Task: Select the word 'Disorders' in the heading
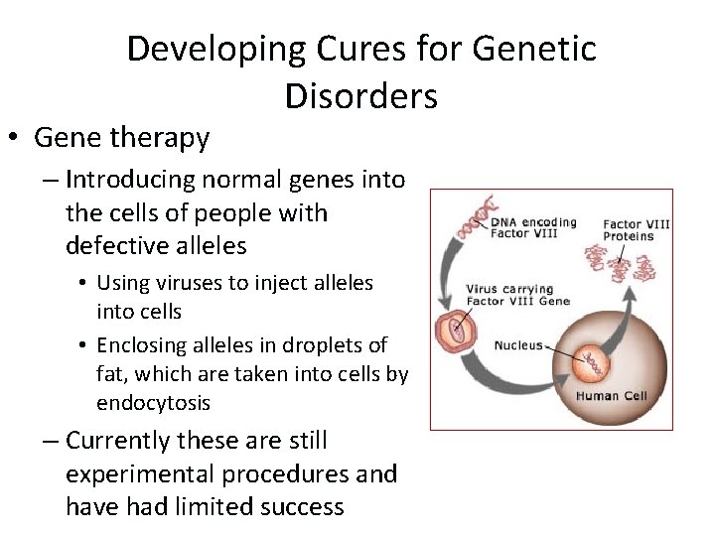click(x=360, y=96)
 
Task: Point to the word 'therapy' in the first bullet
click(x=165, y=138)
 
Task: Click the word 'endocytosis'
click(x=153, y=403)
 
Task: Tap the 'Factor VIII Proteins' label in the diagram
click(x=636, y=230)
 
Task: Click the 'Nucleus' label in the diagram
click(x=518, y=345)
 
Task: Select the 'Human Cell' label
click(x=611, y=396)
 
